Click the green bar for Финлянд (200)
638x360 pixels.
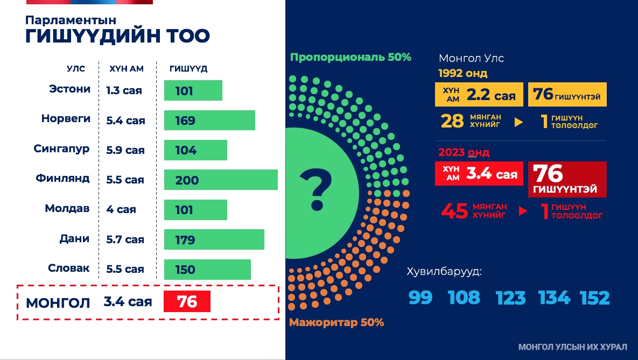pyautogui.click(x=221, y=180)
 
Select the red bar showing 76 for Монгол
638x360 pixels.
pyautogui.click(x=187, y=302)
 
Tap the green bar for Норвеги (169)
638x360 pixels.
pyautogui.click(x=209, y=121)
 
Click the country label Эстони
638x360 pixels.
pyautogui.click(x=69, y=89)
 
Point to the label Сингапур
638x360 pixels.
pyautogui.click(x=61, y=149)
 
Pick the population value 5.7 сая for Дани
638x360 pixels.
pyautogui.click(x=125, y=239)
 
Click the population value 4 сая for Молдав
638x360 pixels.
pyautogui.click(x=121, y=209)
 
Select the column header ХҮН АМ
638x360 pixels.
pyautogui.click(x=127, y=69)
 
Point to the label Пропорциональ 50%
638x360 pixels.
pyautogui.click(x=350, y=57)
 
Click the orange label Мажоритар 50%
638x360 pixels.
pyautogui.click(x=336, y=323)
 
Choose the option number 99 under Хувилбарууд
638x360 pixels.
pyautogui.click(x=420, y=298)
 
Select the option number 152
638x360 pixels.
pyautogui.click(x=595, y=298)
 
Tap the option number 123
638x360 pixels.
pyautogui.click(x=511, y=298)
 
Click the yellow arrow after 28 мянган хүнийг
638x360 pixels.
pyautogui.click(x=518, y=122)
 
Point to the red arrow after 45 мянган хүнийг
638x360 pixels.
pyautogui.click(x=522, y=211)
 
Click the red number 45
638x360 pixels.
pyautogui.click(x=454, y=211)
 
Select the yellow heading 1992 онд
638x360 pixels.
pyautogui.click(x=463, y=73)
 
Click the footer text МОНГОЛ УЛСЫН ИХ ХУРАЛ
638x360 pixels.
pyautogui.click(x=573, y=348)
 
